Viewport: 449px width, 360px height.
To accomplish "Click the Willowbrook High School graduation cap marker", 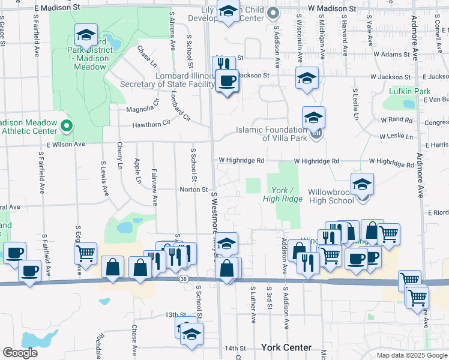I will [362, 185].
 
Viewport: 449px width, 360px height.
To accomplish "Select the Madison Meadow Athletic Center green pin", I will [67, 126].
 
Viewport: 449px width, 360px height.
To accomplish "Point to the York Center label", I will [286, 347].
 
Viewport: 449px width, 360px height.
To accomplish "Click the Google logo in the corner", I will [20, 353].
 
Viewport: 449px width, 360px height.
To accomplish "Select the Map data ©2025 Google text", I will [412, 355].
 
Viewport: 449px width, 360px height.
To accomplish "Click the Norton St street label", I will [193, 190].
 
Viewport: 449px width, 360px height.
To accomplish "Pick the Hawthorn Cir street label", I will [152, 122].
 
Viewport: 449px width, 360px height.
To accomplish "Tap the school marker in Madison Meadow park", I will [86, 37].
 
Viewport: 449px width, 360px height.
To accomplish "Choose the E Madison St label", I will [58, 8].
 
